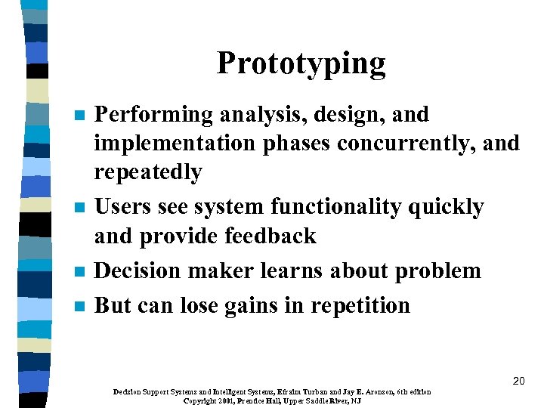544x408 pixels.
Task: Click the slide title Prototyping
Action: tap(301, 63)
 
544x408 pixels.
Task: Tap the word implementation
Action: tap(175, 144)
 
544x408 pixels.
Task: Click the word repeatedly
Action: tap(147, 173)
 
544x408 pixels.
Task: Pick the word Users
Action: tap(120, 206)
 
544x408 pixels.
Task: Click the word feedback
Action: tap(269, 236)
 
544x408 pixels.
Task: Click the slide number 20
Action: tap(518, 381)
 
